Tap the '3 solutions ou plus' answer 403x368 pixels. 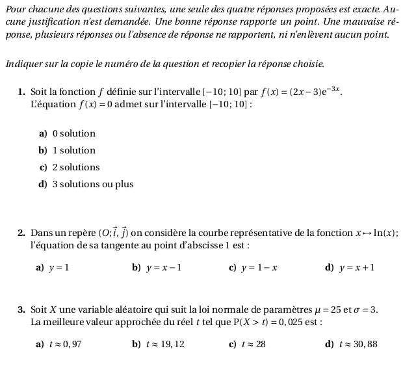[x=92, y=184]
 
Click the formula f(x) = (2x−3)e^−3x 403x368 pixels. [x=302, y=92]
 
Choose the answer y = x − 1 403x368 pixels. [x=164, y=267]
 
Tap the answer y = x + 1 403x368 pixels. [x=356, y=267]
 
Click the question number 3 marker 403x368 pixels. [x=21, y=309]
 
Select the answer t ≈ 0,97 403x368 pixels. [x=64, y=344]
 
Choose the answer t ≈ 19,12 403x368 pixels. [x=167, y=344]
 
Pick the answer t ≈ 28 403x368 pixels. [x=254, y=344]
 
